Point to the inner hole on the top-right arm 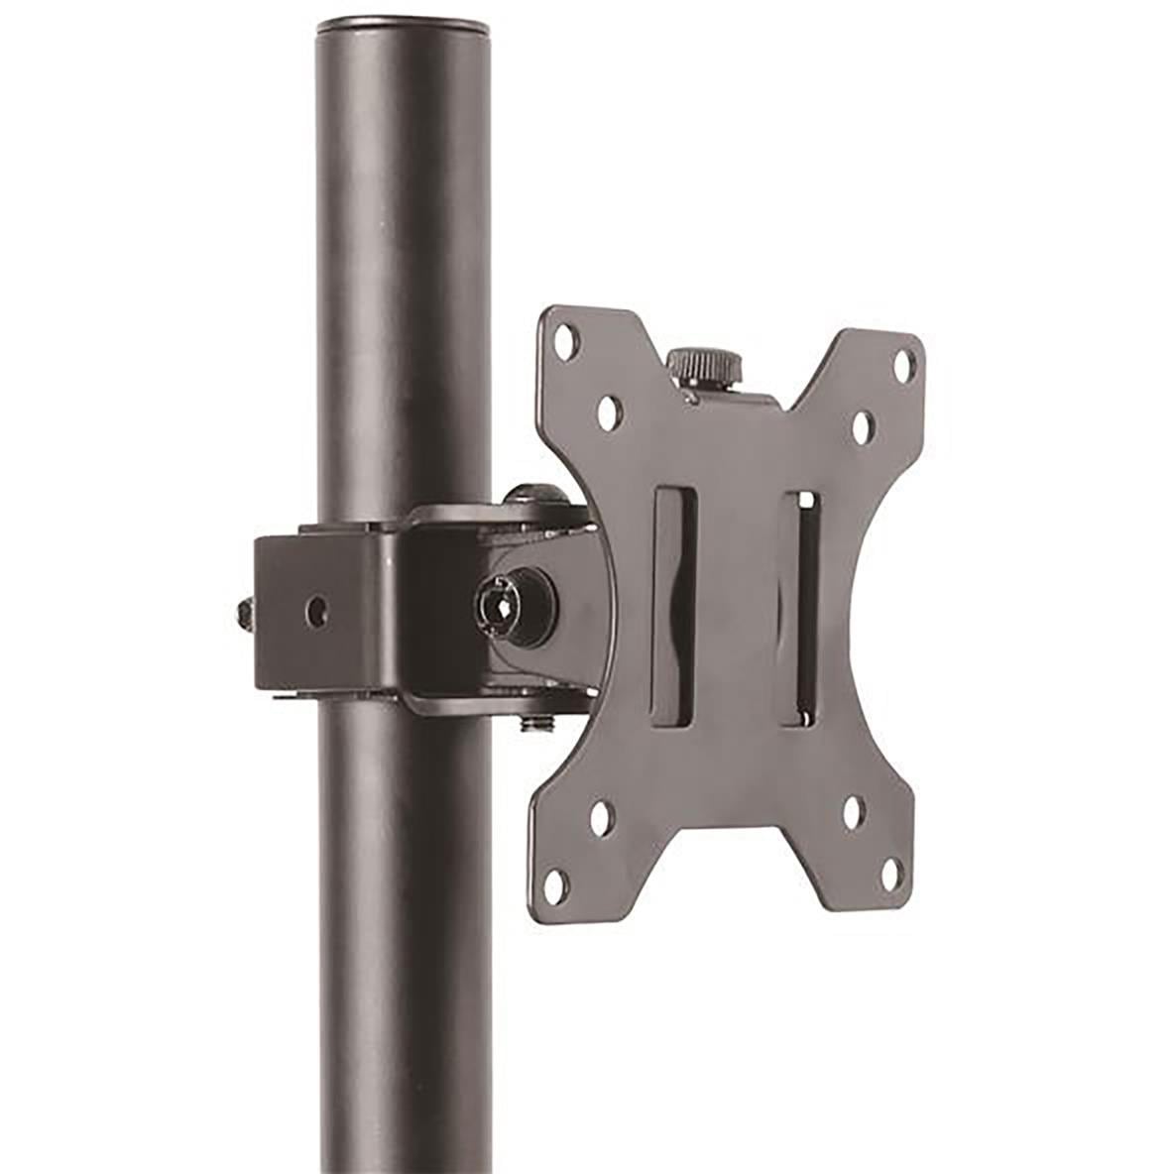click(x=862, y=425)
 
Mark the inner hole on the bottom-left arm click(x=601, y=818)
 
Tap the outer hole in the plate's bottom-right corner click(x=889, y=874)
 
